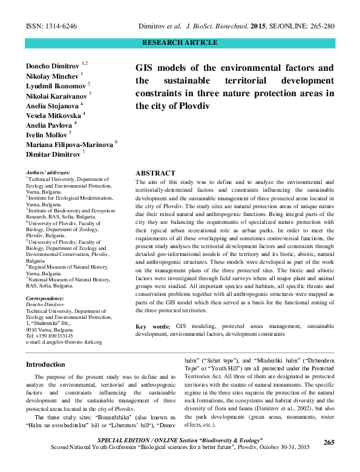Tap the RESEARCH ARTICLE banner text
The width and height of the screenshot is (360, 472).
click(x=179, y=43)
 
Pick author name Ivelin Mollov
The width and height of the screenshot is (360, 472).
click(x=46, y=134)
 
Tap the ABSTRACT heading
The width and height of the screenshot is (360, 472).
click(x=155, y=173)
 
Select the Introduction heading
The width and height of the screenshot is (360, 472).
click(x=45, y=364)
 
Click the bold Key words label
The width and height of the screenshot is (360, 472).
click(x=153, y=326)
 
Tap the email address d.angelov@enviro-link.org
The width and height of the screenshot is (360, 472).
click(x=63, y=342)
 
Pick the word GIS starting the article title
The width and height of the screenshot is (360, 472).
click(x=147, y=67)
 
